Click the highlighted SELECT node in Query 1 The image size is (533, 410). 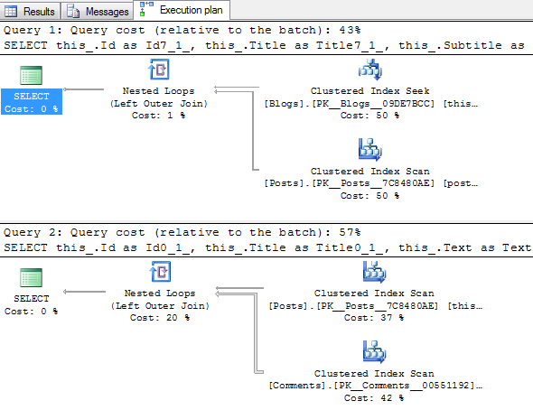pos(32,101)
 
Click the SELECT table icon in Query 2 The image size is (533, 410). pos(32,277)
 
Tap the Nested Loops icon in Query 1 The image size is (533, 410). pos(158,72)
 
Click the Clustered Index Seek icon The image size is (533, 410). pos(370,70)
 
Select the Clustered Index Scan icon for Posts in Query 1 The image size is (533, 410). pos(370,149)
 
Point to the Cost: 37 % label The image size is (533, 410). pos(375,317)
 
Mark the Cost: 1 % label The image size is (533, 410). pos(158,115)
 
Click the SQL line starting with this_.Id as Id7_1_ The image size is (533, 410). pos(262,44)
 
